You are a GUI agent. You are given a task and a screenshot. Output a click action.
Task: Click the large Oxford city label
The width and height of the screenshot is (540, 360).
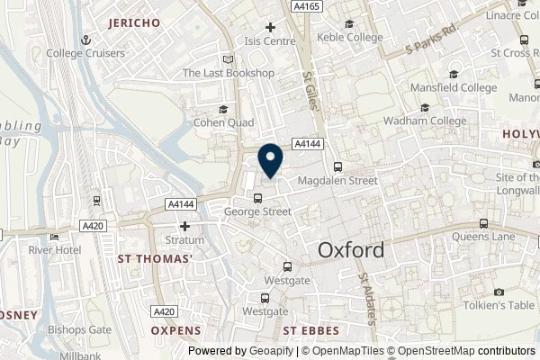(x=351, y=250)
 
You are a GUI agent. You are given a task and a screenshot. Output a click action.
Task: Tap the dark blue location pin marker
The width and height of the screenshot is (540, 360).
(x=269, y=160)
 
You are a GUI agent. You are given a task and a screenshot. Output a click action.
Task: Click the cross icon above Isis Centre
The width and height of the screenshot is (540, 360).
(x=270, y=28)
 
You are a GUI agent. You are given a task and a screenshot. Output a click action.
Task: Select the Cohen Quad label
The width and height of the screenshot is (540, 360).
(x=221, y=122)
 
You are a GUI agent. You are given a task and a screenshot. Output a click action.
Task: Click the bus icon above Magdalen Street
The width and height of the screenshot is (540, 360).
(x=337, y=166)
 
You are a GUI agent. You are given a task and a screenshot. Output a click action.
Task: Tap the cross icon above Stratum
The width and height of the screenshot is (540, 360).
(x=184, y=227)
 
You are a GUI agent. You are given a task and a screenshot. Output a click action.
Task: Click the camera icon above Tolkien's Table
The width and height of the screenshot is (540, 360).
(x=499, y=292)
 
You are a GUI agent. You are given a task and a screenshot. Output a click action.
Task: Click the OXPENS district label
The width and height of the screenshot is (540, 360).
(x=176, y=331)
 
